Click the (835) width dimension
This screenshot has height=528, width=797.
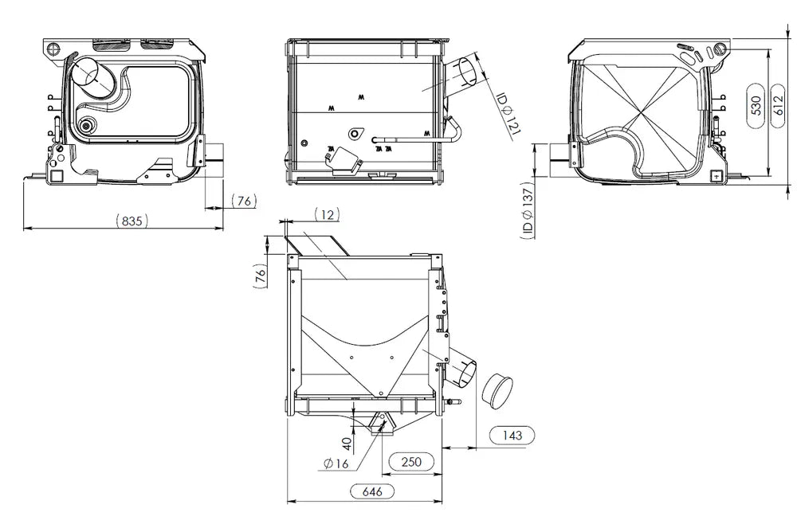coord(132,221)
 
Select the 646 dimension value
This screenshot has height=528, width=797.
coord(372,491)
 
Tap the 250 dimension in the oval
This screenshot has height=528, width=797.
coord(411,461)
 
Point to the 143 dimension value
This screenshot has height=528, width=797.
coord(512,435)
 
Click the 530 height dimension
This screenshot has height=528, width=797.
coord(756,106)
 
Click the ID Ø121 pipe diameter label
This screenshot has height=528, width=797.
coord(508,114)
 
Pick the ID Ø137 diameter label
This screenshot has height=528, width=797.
coord(527,210)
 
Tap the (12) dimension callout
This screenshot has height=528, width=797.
coord(327,215)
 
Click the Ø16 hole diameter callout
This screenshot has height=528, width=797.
coord(336,463)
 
